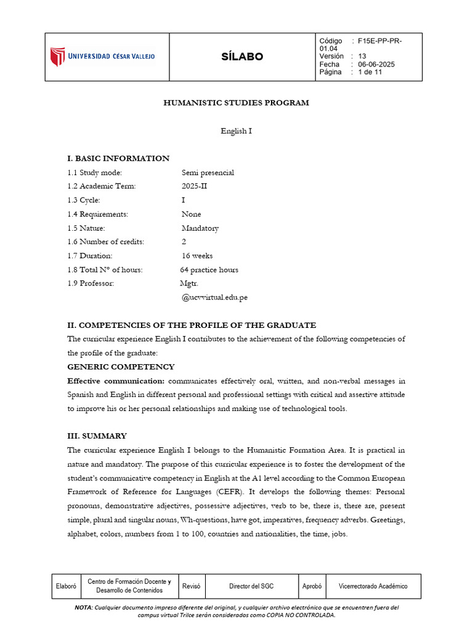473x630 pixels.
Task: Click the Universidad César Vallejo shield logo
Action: pos(57,57)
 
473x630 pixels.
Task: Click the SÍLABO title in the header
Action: pos(242,57)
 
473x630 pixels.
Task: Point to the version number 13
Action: pos(362,57)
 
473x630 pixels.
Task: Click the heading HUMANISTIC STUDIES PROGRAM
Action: pos(236,103)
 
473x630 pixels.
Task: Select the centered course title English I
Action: pos(236,131)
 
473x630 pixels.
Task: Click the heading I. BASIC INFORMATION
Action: pos(118,158)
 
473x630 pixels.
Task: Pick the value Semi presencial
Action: pos(208,172)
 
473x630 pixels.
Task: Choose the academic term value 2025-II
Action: pos(195,186)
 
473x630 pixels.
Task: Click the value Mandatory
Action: pos(200,228)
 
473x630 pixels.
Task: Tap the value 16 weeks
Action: pos(196,256)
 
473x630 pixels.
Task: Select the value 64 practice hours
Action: pos(209,269)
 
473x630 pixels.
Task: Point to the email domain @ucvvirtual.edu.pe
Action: pos(214,297)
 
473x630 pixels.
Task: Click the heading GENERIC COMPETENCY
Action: pos(121,367)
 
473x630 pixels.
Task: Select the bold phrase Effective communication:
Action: pos(116,381)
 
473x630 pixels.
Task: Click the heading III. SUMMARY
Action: pos(97,436)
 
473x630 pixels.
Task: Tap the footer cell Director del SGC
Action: pos(253,586)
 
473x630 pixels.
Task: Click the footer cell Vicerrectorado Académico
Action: pos(373,586)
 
